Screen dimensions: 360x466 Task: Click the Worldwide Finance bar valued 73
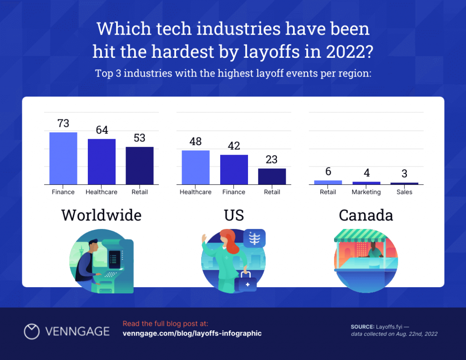[63, 158]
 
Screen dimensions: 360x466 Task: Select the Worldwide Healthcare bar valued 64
[101, 162]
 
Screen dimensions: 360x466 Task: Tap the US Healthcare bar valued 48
[196, 167]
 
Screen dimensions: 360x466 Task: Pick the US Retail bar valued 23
[272, 176]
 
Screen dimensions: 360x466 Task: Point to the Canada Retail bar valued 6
[328, 182]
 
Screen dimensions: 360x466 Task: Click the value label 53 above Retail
[140, 138]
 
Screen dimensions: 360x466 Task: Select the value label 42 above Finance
[234, 146]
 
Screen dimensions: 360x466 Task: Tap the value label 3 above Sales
[404, 174]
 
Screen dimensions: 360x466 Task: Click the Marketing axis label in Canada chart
[366, 192]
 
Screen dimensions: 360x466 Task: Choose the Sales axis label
[404, 192]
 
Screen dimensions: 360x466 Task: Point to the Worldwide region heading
[101, 215]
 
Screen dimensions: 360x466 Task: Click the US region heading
[233, 215]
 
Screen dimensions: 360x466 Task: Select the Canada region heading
[366, 215]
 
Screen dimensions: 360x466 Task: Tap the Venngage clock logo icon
[32, 331]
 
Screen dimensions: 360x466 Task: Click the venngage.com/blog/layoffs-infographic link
[192, 333]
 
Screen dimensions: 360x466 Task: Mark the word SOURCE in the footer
[362, 327]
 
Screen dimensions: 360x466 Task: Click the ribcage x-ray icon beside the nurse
[254, 238]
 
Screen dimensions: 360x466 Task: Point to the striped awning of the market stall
[360, 236]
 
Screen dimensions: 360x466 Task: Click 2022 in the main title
[345, 52]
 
